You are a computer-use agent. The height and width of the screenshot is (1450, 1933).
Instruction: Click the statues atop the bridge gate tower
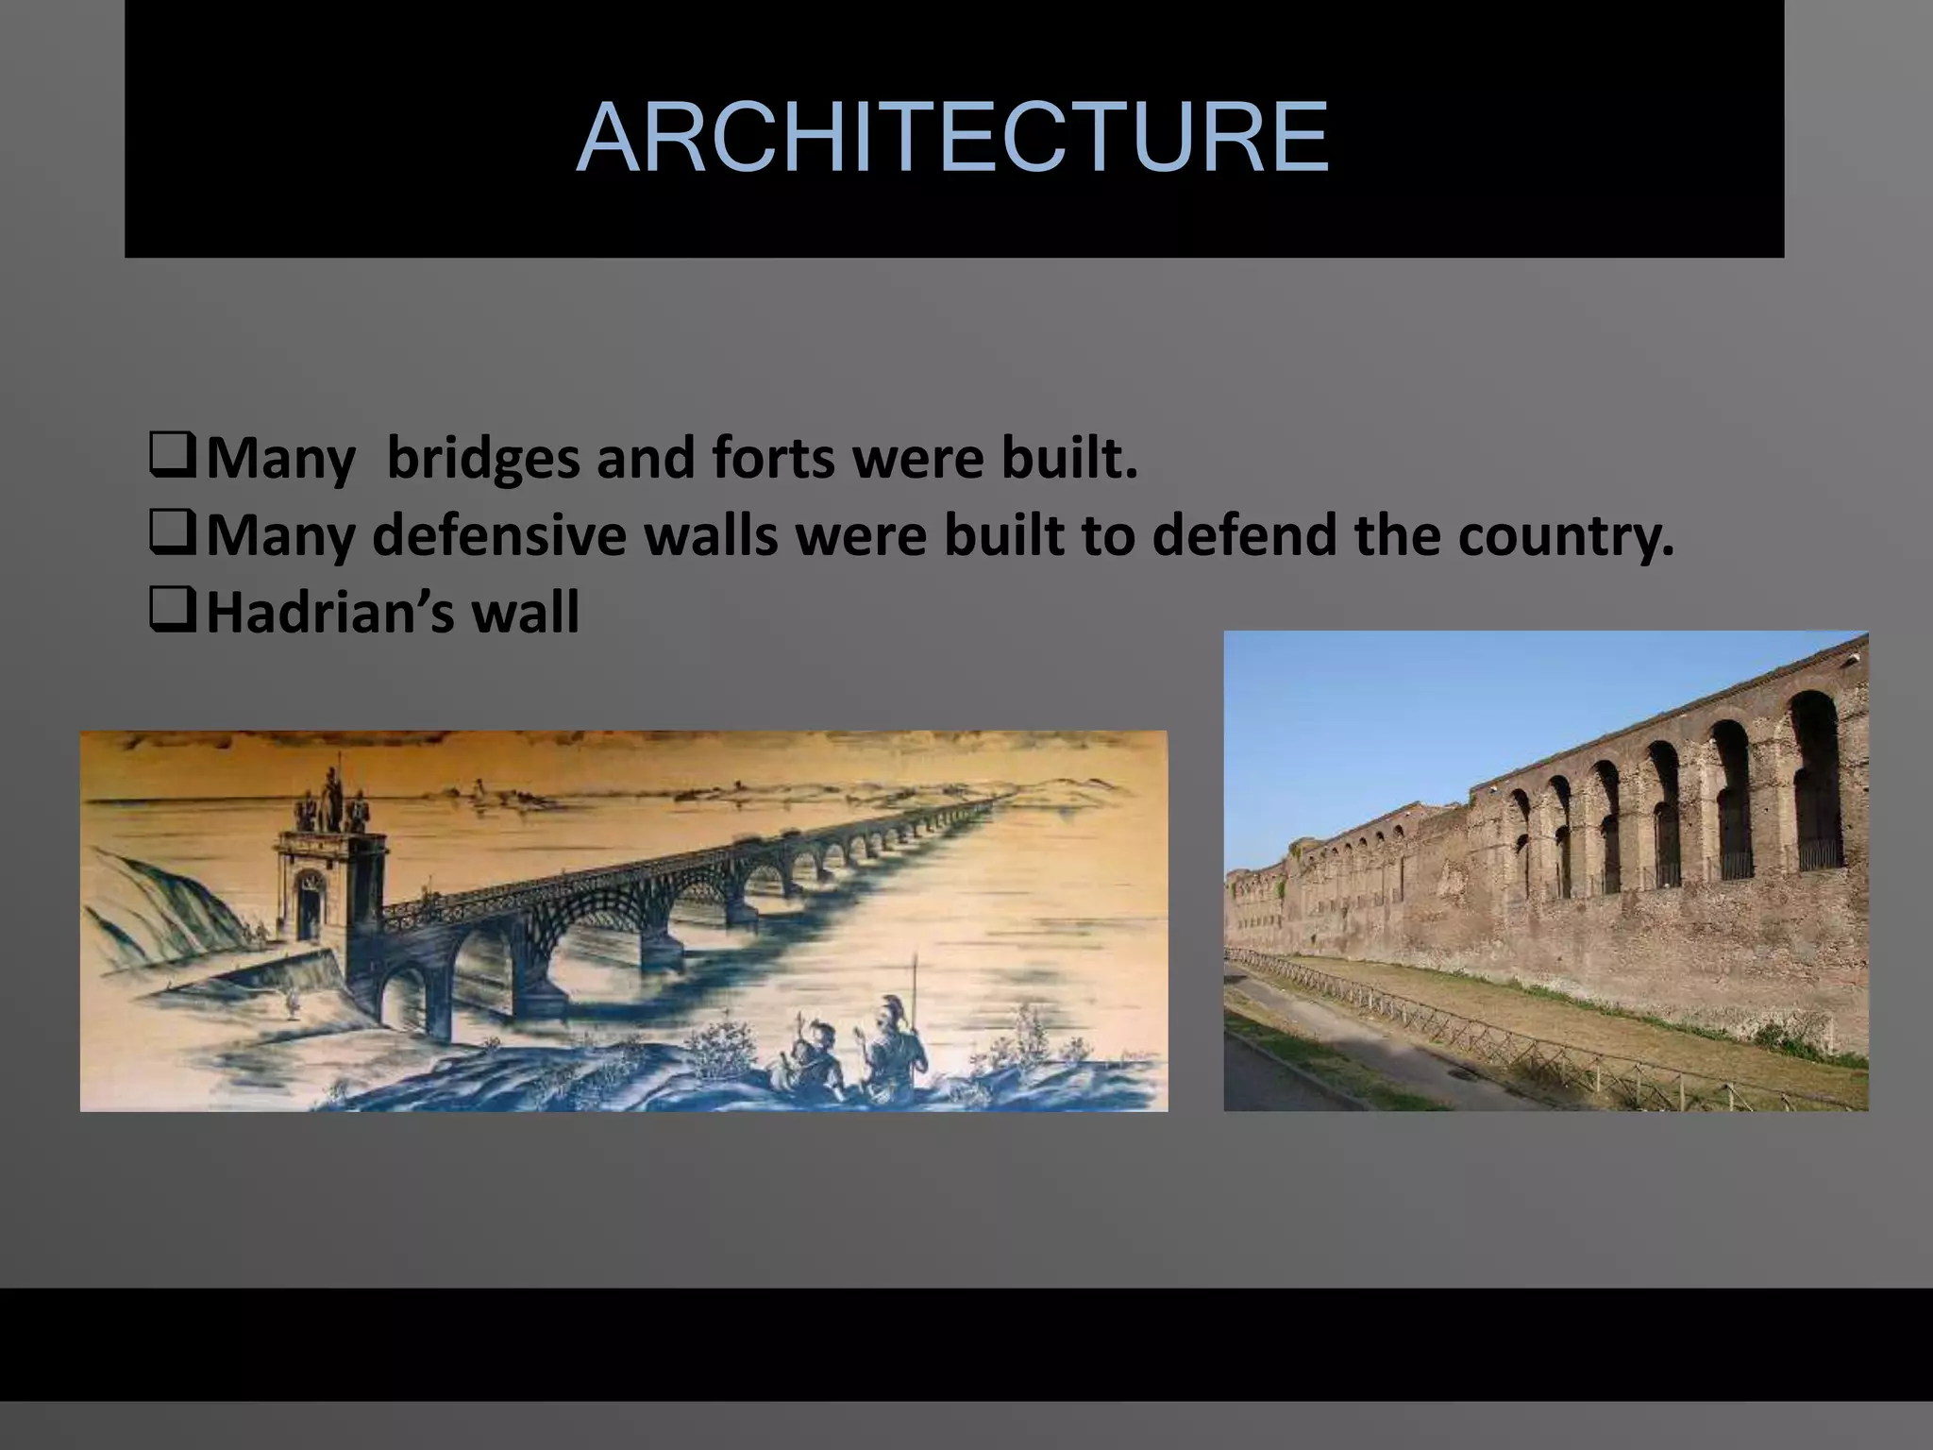coord(331,801)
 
